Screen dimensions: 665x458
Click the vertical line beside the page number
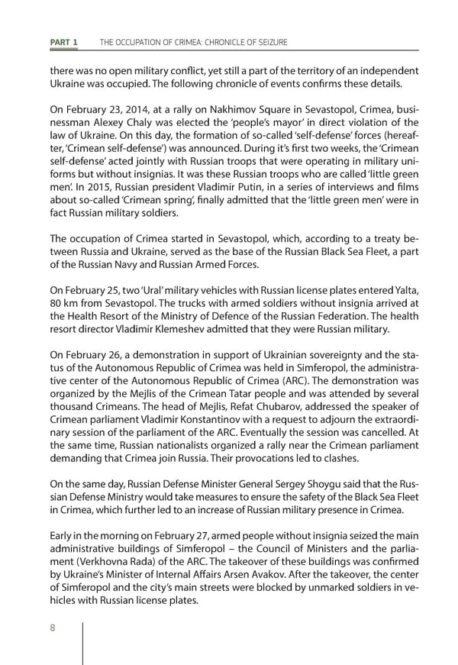pyautogui.click(x=83, y=641)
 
